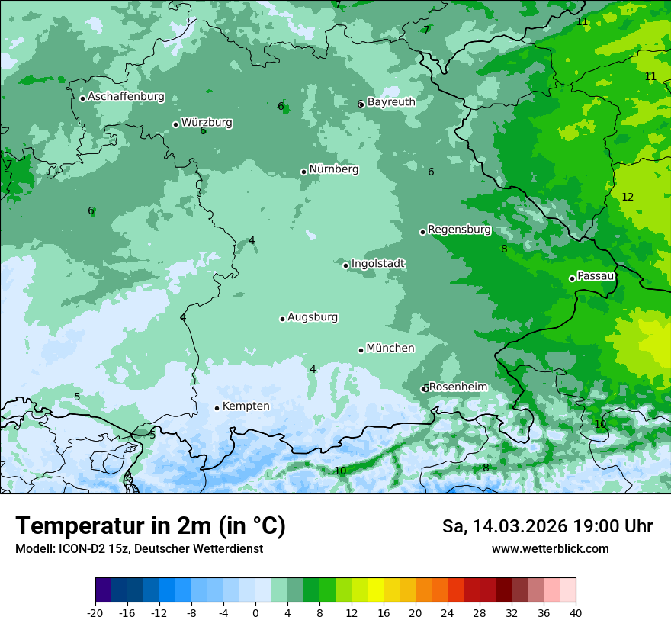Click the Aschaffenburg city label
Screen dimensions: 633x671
click(126, 97)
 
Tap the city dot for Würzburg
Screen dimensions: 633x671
click(175, 124)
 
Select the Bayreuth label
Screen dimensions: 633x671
click(391, 101)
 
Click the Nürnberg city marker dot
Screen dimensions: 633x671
click(303, 172)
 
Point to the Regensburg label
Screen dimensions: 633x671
click(459, 229)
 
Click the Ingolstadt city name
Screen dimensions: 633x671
click(377, 263)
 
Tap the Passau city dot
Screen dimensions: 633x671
click(572, 278)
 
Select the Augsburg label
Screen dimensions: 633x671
click(313, 316)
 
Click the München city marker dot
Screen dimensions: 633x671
click(361, 350)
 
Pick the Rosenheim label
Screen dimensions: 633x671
click(457, 387)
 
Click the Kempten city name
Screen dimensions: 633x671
click(246, 406)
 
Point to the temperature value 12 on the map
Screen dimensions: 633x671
click(628, 197)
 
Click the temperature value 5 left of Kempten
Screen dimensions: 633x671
click(77, 397)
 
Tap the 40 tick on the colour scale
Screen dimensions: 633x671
click(575, 612)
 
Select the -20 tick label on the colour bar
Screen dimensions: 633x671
click(95, 612)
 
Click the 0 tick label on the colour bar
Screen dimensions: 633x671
click(255, 612)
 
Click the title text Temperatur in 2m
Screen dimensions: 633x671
click(150, 525)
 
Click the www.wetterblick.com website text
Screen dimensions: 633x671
click(550, 548)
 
